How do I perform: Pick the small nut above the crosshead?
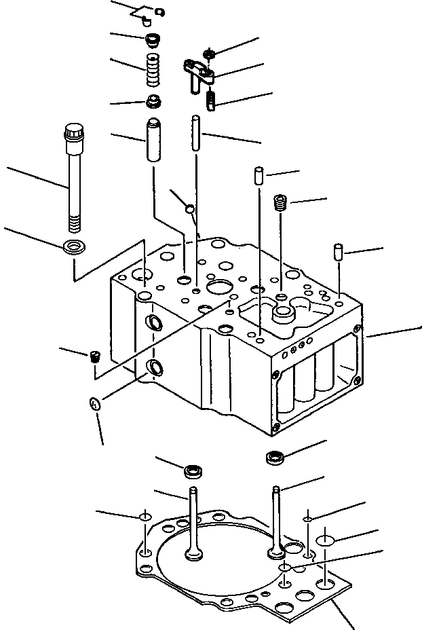pyautogui.click(x=210, y=52)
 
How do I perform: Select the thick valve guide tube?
pyautogui.click(x=153, y=139)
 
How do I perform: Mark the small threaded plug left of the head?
pyautogui.click(x=96, y=356)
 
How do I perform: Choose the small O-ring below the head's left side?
pyautogui.click(x=96, y=405)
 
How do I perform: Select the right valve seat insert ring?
pyautogui.click(x=275, y=457)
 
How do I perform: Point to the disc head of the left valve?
pyautogui.click(x=193, y=554)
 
